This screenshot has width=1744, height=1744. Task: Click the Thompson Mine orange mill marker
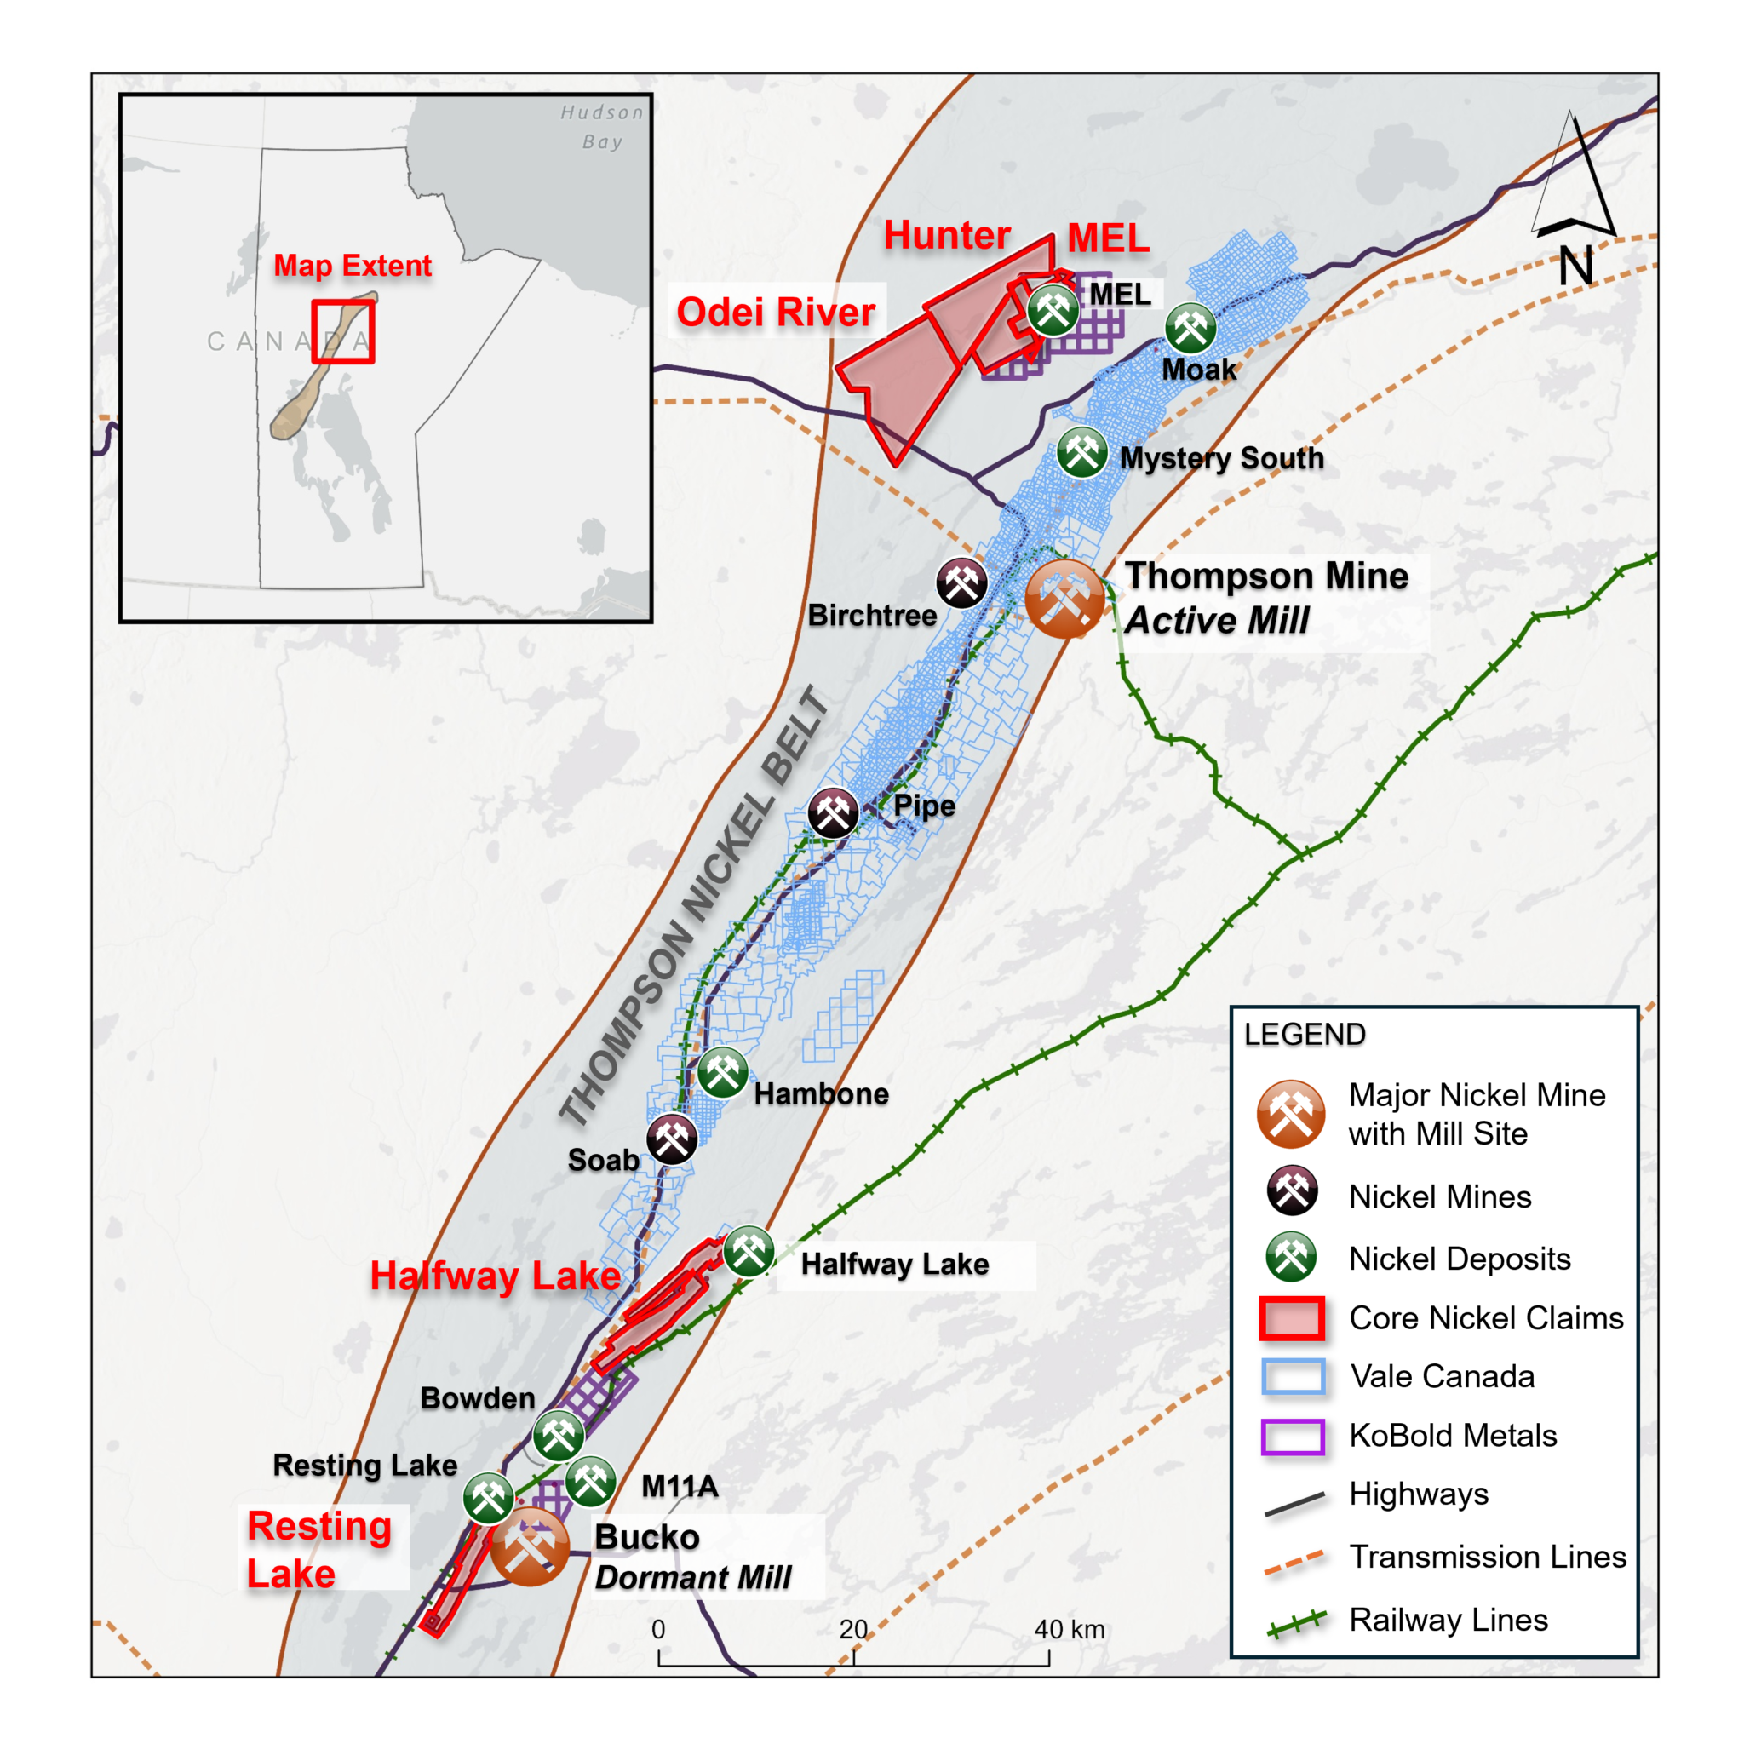[1064, 599]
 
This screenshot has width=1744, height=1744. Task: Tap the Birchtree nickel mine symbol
[961, 583]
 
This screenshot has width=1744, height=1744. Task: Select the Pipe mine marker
[832, 812]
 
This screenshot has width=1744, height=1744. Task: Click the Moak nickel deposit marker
[1190, 328]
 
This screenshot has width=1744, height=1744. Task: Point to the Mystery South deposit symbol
[1081, 451]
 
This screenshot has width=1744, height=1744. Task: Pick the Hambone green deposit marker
[722, 1072]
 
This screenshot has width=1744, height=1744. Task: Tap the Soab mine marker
[672, 1139]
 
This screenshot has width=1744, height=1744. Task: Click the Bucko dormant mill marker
[530, 1546]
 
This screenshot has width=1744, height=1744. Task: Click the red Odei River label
[776, 312]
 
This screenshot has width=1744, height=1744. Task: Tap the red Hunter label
[946, 235]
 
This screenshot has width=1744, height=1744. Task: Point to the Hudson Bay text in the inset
[602, 126]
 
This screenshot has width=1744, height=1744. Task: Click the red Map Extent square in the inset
[343, 331]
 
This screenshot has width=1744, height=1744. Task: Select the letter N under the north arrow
[1575, 267]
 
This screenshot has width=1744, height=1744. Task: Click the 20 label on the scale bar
[853, 1629]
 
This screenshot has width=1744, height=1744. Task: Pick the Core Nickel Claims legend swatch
[1292, 1318]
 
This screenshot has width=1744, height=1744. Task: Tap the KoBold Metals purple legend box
[1292, 1437]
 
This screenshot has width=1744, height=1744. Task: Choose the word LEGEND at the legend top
[1305, 1035]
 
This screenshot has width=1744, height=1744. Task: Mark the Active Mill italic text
[1217, 621]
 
